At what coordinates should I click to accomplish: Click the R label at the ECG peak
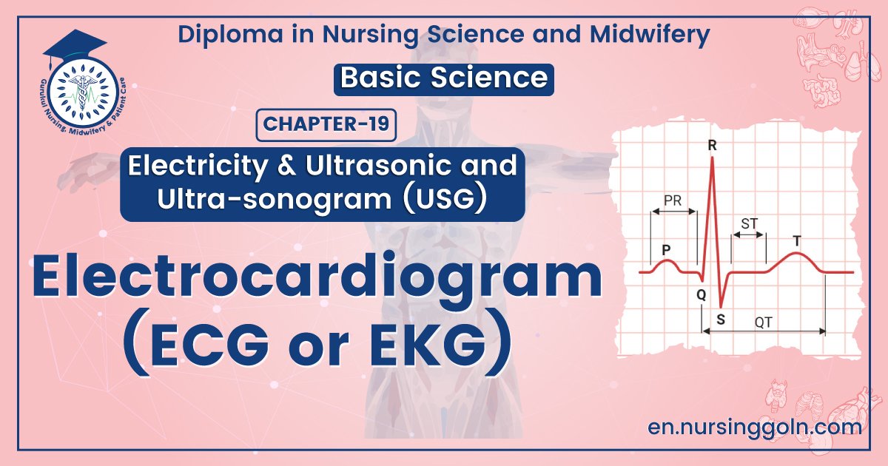coord(712,146)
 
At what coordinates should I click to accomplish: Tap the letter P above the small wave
coord(666,249)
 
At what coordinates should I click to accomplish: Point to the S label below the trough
coord(721,320)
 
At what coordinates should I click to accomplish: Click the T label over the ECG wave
coord(796,240)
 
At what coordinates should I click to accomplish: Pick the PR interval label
coord(673,200)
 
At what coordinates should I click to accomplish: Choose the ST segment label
coord(749,223)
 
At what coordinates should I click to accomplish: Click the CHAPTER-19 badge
coord(326,124)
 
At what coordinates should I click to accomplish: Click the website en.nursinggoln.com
coord(754,427)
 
